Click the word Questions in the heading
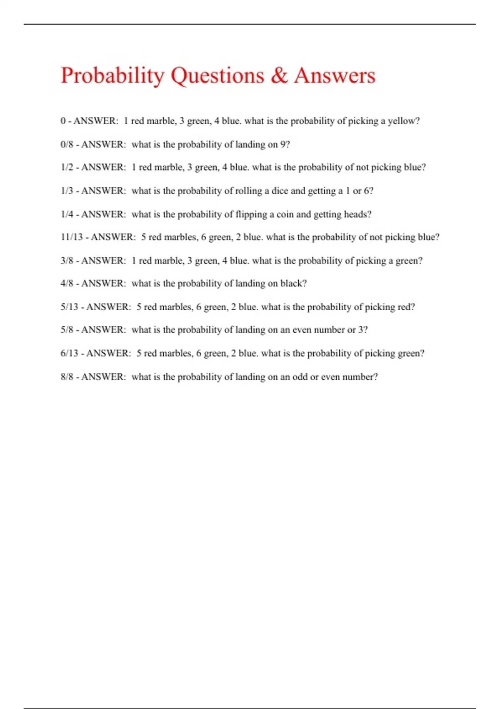217,76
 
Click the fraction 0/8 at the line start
67,144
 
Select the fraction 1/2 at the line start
67,167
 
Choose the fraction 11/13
72,237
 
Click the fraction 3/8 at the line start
67,261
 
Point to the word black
293,284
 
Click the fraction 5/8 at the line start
67,330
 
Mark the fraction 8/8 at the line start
67,377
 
